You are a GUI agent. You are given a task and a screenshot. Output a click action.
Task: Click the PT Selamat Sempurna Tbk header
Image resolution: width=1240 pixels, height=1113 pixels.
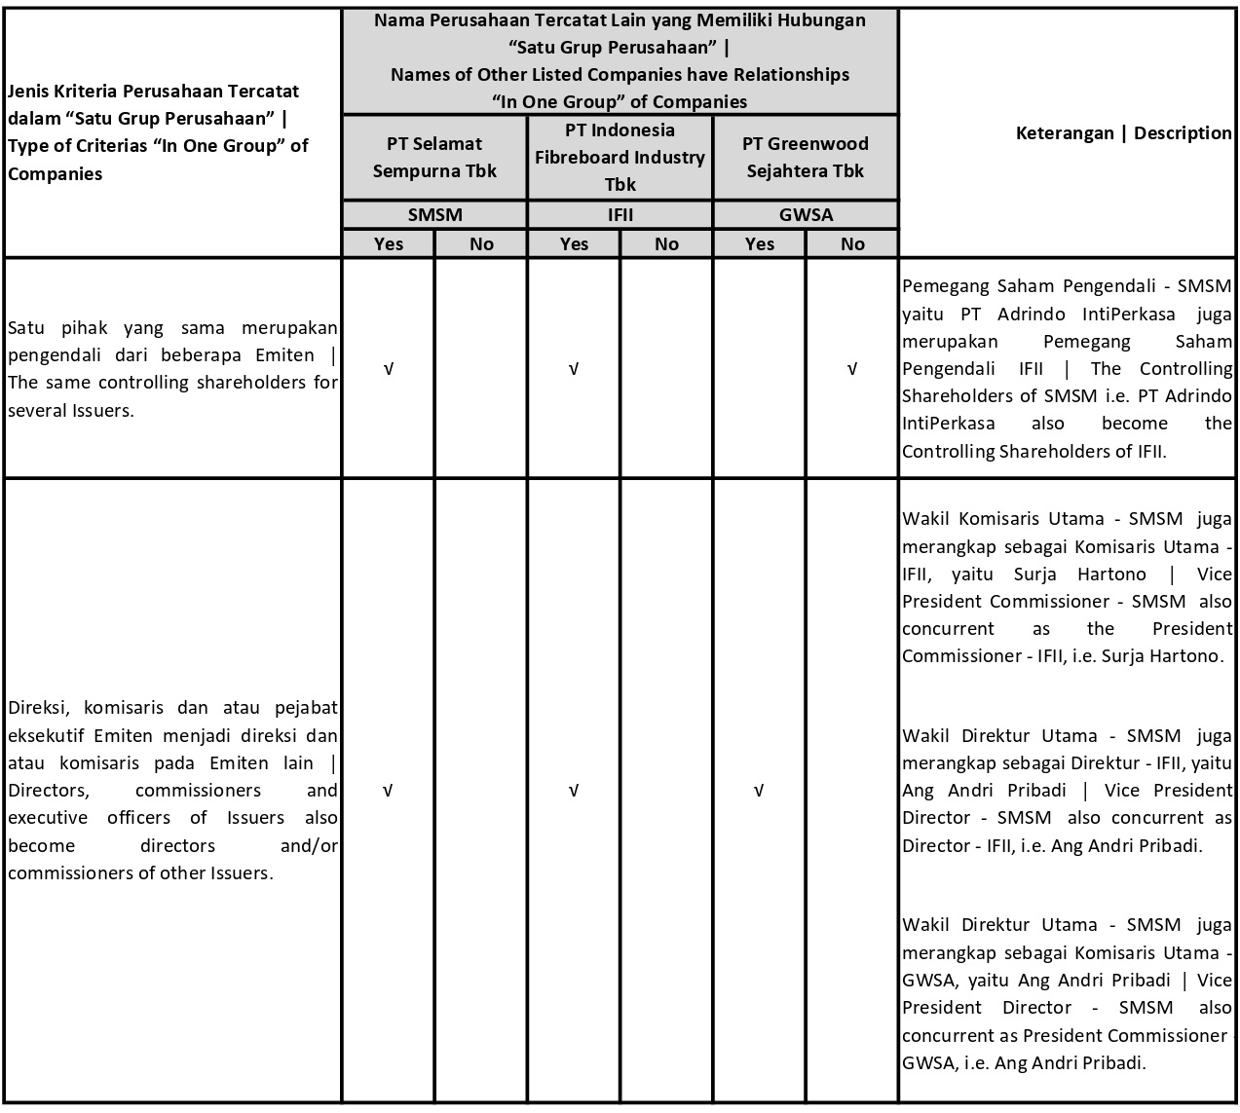point(434,157)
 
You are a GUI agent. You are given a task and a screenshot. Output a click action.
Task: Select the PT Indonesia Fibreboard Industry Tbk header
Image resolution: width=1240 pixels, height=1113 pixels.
point(620,157)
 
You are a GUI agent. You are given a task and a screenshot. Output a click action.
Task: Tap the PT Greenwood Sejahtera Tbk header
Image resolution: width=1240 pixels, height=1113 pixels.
point(806,157)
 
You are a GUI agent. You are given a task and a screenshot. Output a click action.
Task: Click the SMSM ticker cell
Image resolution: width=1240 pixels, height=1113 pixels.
point(434,215)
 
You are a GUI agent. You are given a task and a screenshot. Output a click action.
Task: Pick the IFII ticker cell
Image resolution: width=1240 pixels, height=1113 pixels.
point(620,215)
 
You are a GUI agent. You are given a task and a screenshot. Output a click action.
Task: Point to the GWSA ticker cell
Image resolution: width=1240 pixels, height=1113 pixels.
point(806,215)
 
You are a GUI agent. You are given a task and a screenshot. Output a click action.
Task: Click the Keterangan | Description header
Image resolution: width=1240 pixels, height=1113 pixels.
point(1123,132)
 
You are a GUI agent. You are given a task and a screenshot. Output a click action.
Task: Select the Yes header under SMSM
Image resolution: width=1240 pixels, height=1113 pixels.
point(388,243)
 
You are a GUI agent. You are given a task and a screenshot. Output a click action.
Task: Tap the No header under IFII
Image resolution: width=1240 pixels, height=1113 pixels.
point(666,243)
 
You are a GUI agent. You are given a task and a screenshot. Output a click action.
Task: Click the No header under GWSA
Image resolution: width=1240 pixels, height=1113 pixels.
point(852,243)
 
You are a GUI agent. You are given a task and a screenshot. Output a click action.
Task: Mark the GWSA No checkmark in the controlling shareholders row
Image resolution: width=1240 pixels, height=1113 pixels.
point(852,369)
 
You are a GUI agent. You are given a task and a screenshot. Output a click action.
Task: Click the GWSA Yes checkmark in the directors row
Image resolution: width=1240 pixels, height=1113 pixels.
point(759,790)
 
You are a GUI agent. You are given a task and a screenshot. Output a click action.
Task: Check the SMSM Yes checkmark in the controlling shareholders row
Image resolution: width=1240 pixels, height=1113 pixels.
point(388,369)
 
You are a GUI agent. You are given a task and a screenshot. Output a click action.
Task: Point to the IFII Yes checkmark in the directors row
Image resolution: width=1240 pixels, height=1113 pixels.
point(574,790)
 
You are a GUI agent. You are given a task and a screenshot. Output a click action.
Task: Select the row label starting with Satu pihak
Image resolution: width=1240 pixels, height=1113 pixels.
point(172,368)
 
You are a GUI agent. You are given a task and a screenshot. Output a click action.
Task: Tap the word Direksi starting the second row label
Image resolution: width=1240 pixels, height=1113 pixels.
point(36,708)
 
